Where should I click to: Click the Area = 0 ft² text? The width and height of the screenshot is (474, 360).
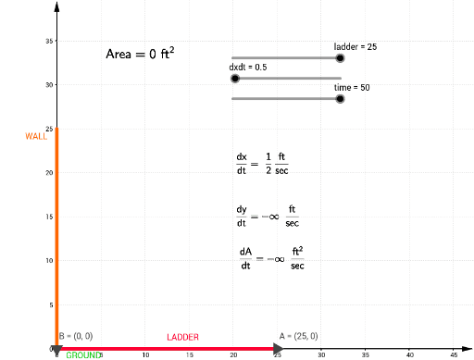click(140, 54)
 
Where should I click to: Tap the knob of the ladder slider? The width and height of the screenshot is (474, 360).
click(341, 57)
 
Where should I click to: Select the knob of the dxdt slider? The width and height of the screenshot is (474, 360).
click(236, 79)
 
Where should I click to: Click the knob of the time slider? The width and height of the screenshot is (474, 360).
click(341, 98)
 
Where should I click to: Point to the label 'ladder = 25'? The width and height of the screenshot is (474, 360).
click(355, 46)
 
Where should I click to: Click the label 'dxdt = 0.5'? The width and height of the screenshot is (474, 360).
click(248, 68)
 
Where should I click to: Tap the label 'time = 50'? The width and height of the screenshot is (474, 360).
click(352, 86)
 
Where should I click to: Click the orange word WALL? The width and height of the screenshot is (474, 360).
click(36, 136)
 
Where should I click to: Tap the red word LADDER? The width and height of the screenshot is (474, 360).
click(182, 337)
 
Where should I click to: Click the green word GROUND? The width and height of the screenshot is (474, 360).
click(82, 354)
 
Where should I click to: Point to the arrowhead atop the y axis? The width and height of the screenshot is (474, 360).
click(57, 6)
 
